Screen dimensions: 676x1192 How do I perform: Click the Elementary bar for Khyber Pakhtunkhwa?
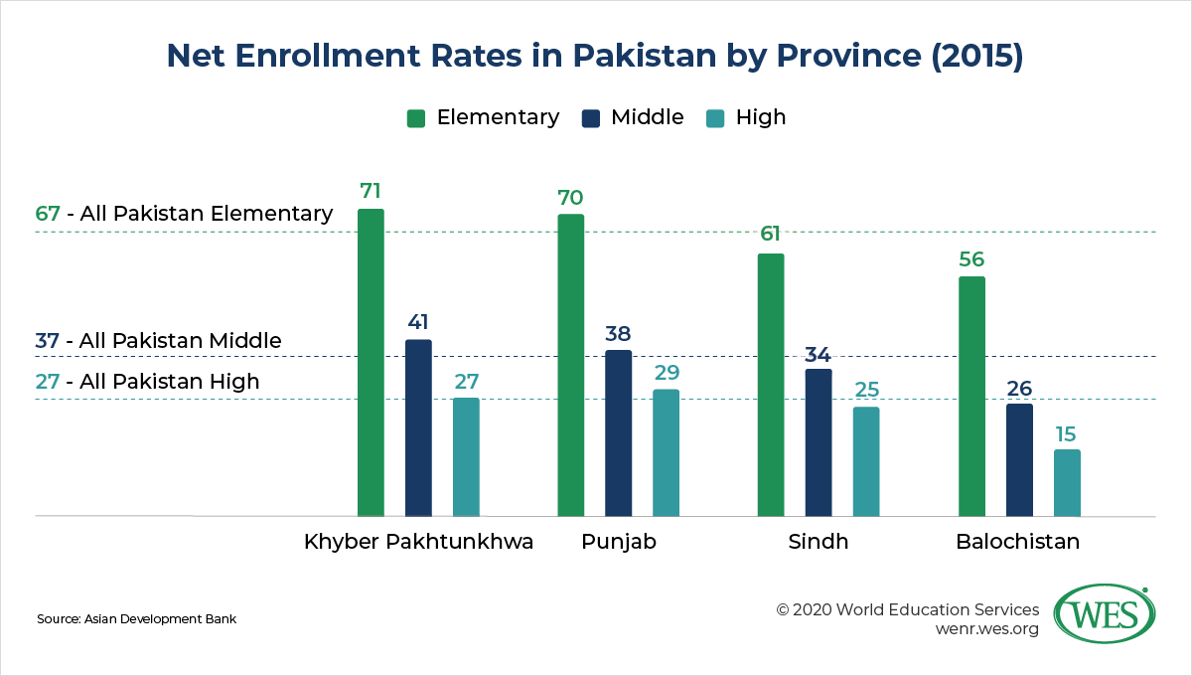tap(371, 363)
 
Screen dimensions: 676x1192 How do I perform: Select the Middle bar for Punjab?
tap(618, 433)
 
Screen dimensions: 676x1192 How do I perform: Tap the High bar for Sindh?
tap(866, 461)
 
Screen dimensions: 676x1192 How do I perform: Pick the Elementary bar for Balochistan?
tap(971, 397)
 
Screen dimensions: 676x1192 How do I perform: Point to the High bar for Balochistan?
tap(1067, 483)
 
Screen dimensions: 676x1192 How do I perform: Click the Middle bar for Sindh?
tap(819, 442)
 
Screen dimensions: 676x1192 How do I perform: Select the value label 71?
tap(371, 190)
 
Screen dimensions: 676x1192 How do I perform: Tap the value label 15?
tap(1067, 433)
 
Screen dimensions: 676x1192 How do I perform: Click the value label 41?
tap(418, 322)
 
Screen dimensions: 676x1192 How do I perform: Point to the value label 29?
tap(666, 372)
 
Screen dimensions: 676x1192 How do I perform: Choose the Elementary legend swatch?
tap(417, 118)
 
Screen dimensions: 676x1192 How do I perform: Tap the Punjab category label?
tap(618, 543)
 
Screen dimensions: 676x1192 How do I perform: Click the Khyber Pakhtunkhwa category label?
tap(418, 543)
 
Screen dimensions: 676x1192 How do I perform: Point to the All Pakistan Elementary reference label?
tap(184, 213)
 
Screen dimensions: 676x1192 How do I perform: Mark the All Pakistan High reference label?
tap(147, 381)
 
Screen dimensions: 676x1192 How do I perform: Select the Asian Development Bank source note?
tap(136, 619)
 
